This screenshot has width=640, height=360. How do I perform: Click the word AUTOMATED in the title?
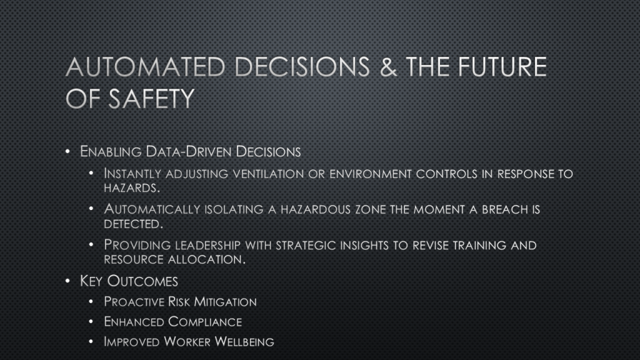point(145,66)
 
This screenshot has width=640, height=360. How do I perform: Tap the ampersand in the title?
point(388,66)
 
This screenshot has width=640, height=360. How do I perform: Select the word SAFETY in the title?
point(151,98)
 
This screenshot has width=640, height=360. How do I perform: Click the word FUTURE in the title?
point(502,66)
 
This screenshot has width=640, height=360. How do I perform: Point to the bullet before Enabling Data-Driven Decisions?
point(67,151)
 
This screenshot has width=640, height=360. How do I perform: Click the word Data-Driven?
point(189,151)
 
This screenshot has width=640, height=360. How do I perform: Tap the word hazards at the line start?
point(131,187)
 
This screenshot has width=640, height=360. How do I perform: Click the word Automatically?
point(152,209)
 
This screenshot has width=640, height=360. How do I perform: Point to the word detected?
point(133,224)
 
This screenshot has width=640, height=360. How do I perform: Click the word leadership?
point(207,245)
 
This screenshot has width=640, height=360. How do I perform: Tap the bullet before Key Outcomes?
point(67,281)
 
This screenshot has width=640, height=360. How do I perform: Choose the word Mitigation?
point(225,302)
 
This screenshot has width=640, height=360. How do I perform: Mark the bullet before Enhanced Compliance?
point(91,322)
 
